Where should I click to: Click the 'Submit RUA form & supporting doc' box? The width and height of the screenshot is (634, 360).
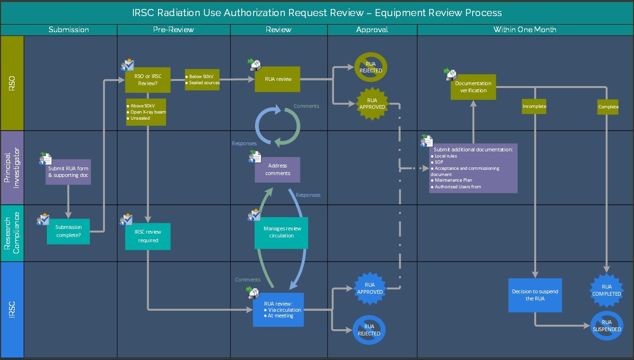(x=68, y=172)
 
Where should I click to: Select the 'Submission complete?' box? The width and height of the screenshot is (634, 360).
(x=69, y=231)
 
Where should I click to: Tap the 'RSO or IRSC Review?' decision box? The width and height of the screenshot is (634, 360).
(x=147, y=80)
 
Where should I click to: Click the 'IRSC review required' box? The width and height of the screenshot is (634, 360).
(x=148, y=236)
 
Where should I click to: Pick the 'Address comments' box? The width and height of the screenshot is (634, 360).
(x=277, y=169)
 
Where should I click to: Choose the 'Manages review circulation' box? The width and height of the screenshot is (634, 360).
(x=281, y=232)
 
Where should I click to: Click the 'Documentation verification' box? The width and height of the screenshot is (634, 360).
(x=473, y=87)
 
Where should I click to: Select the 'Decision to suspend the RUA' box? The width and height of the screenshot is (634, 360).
(x=535, y=295)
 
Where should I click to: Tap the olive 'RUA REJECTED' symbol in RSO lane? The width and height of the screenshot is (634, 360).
(x=370, y=67)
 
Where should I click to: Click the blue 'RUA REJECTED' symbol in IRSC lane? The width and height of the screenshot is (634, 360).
(x=369, y=330)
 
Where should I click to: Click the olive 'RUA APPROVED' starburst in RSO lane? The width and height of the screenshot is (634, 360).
(x=372, y=104)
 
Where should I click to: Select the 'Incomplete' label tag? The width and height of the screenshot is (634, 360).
(x=534, y=106)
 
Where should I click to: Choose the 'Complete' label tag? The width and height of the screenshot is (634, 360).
(x=608, y=106)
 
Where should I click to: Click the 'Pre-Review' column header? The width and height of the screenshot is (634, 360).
(x=173, y=29)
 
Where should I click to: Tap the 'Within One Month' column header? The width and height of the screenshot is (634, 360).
(x=524, y=29)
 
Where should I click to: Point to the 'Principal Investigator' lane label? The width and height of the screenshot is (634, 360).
(x=12, y=167)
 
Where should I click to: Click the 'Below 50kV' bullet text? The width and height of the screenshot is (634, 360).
(x=202, y=76)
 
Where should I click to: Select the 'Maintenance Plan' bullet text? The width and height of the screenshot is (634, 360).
(x=453, y=180)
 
